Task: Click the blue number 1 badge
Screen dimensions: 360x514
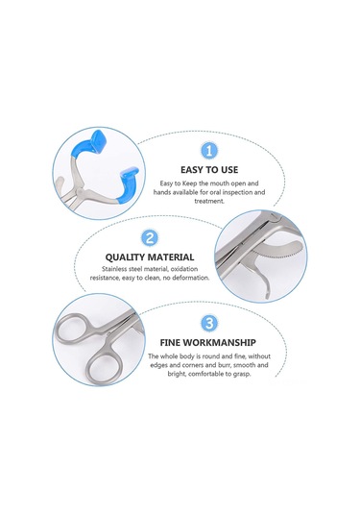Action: coord(208,151)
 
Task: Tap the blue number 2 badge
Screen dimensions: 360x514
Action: coord(150,238)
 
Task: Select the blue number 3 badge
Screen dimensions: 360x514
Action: coord(208,323)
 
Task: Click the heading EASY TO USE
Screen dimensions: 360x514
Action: coord(209,170)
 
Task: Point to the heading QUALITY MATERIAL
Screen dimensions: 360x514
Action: coord(150,257)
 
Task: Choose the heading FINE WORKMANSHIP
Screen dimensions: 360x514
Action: coord(207,343)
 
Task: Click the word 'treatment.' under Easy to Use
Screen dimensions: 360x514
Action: coord(209,201)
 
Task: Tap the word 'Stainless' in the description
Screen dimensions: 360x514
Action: coord(114,269)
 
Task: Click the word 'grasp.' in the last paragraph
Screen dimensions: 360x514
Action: coord(242,374)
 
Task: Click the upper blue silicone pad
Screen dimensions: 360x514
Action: coord(89,145)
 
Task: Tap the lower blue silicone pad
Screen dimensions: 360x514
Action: coord(127,184)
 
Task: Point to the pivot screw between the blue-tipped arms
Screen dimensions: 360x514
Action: coord(79,190)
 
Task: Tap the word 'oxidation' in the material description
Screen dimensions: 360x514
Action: coord(184,269)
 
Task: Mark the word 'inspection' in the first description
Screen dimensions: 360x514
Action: coord(236,192)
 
